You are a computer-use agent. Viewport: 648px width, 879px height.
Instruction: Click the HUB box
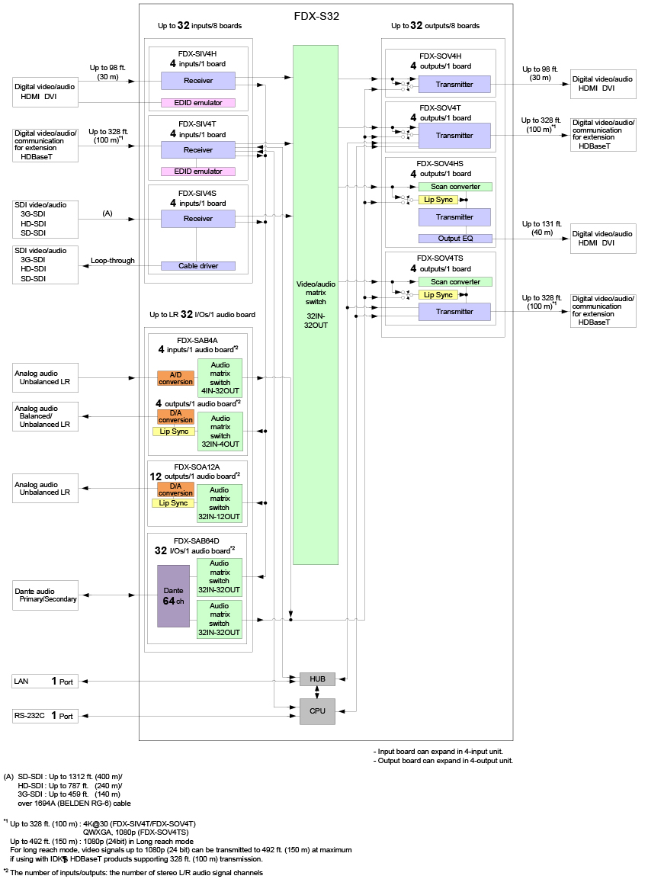[x=316, y=679]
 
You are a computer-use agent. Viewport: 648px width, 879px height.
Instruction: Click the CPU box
[x=316, y=711]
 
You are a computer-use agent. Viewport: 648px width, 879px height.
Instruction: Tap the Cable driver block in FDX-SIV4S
[x=197, y=266]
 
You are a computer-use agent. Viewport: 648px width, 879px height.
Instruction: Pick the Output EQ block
[x=455, y=239]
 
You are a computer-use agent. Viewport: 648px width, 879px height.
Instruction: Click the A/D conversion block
[x=175, y=377]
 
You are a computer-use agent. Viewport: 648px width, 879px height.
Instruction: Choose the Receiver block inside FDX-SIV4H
[x=197, y=80]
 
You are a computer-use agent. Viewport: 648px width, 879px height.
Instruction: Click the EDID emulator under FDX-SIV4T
[x=197, y=172]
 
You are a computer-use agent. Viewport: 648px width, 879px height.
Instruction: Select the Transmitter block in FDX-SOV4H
[x=455, y=84]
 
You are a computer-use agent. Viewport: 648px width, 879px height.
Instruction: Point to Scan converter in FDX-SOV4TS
[x=455, y=282]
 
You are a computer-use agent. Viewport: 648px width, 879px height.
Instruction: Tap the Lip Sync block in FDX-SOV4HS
[x=438, y=200]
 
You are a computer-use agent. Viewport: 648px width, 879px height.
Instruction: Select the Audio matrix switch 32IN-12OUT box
[x=220, y=503]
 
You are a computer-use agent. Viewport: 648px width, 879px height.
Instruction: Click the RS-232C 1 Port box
[x=45, y=716]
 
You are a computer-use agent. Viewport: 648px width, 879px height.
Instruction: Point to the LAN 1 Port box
[x=45, y=681]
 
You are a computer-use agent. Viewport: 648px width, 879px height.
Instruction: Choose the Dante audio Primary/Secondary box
[x=45, y=595]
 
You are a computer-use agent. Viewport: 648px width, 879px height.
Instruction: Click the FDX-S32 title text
[x=316, y=15]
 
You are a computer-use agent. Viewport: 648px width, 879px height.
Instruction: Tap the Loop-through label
[x=113, y=261]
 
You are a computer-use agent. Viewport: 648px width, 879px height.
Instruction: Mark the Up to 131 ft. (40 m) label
[x=542, y=228]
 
